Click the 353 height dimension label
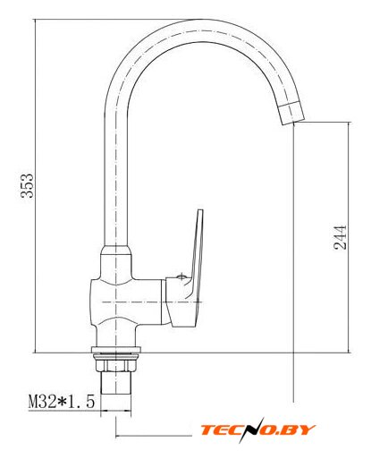pyautogui.click(x=27, y=185)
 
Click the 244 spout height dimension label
pyautogui.click(x=340, y=237)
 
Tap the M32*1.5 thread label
pyautogui.click(x=62, y=401)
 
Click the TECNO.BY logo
pyautogui.click(x=257, y=429)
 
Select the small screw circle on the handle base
pyautogui.click(x=181, y=276)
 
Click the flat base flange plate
pyautogui.click(x=115, y=350)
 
